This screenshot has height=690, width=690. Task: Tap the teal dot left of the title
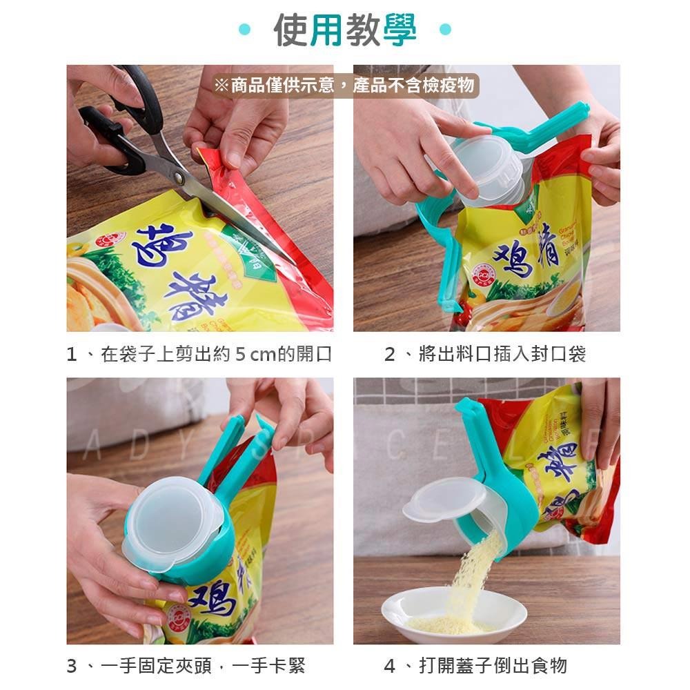pyautogui.click(x=244, y=30)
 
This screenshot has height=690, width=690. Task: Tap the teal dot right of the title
pyautogui.click(x=445, y=30)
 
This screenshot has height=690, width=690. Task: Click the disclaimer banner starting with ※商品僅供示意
pyautogui.click(x=344, y=85)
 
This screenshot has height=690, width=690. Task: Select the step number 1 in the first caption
pyautogui.click(x=71, y=355)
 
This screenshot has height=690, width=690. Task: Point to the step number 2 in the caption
pyautogui.click(x=390, y=355)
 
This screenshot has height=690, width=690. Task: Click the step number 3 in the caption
pyautogui.click(x=72, y=666)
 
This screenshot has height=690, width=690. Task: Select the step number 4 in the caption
pyautogui.click(x=390, y=666)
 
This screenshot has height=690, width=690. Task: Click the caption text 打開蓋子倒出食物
pyautogui.click(x=493, y=666)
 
